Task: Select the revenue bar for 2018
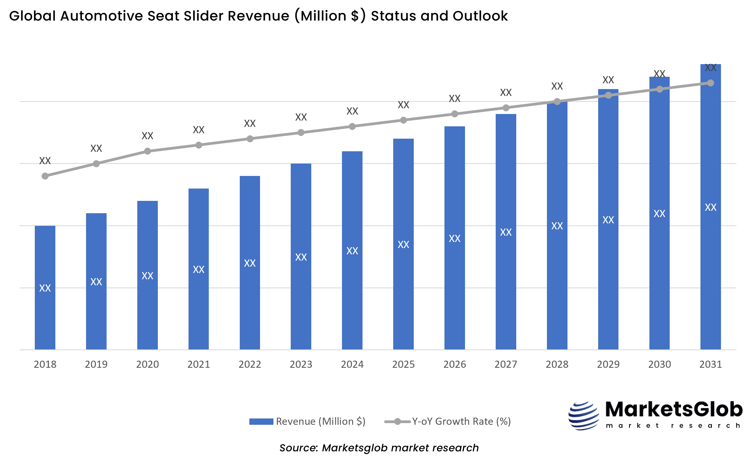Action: click(x=45, y=313)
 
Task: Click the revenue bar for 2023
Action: click(x=301, y=297)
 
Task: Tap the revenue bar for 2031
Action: click(x=710, y=266)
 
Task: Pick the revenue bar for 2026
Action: click(x=455, y=281)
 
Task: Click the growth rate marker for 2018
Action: click(x=45, y=176)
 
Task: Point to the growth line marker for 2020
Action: click(x=147, y=152)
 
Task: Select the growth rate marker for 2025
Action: click(x=404, y=120)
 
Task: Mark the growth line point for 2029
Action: click(x=608, y=95)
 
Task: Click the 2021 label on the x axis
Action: click(x=199, y=364)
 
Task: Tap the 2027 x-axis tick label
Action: click(x=506, y=364)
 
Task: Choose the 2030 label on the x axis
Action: click(x=659, y=364)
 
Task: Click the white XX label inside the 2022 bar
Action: click(x=250, y=263)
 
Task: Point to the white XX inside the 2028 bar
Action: click(x=557, y=226)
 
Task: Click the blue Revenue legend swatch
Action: click(x=261, y=421)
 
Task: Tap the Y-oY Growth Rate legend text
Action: click(x=461, y=421)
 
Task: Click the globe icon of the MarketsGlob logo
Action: click(x=583, y=416)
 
